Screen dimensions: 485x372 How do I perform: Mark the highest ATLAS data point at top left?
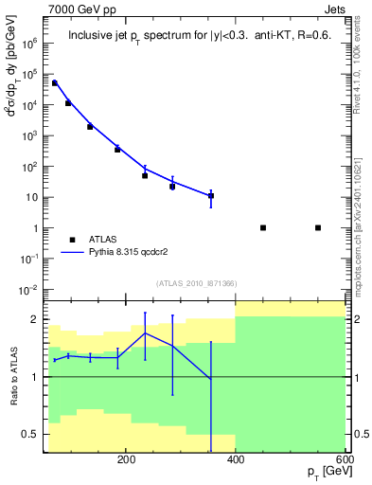click(55, 83)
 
